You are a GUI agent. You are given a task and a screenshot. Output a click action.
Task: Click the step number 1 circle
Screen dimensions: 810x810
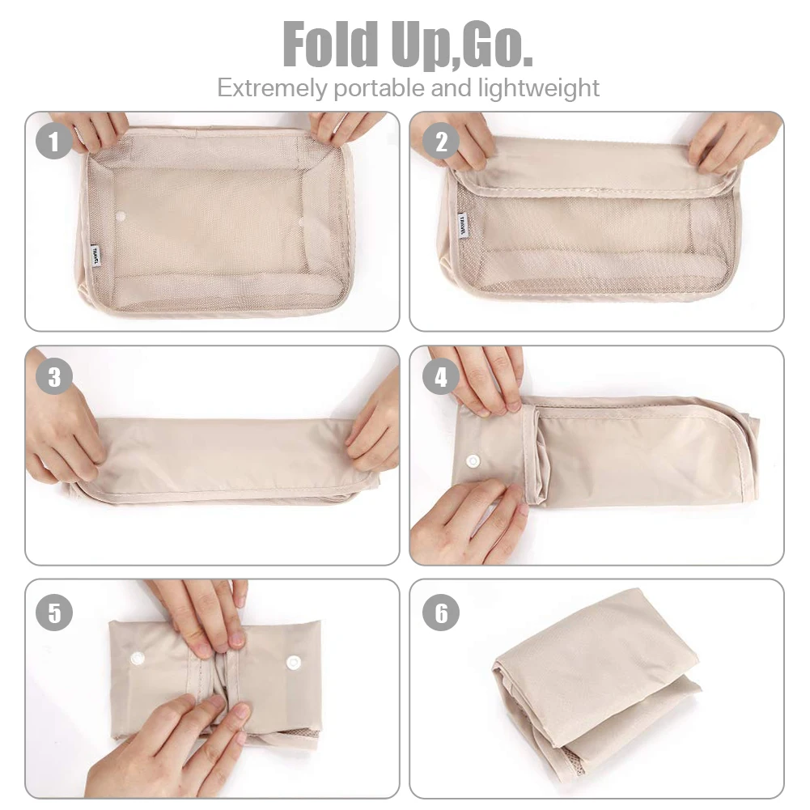[x=54, y=143]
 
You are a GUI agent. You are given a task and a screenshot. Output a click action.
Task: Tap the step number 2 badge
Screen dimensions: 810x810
[x=441, y=143]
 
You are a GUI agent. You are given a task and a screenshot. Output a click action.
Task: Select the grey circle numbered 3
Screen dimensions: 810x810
[x=54, y=377]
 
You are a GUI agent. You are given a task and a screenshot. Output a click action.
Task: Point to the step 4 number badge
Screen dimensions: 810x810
[x=441, y=377]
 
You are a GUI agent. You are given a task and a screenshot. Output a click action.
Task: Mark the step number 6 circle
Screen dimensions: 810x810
[x=441, y=613]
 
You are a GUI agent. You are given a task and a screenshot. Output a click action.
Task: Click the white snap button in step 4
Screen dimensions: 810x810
[x=473, y=462]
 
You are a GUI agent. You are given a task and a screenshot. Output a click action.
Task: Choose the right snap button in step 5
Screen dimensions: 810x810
[x=293, y=662]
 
